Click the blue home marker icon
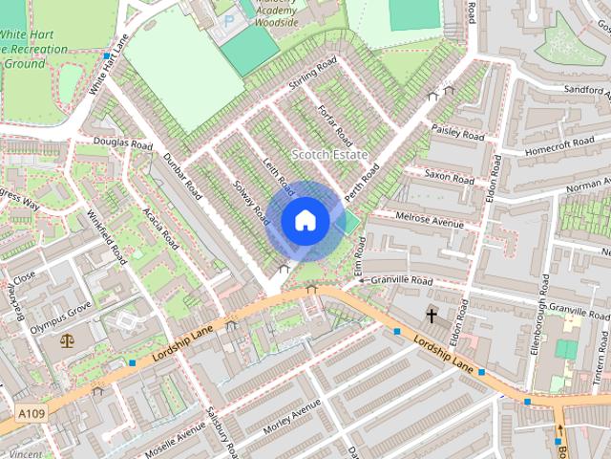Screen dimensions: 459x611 click(x=305, y=221)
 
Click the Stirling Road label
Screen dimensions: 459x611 click(x=313, y=76)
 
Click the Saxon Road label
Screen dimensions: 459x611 click(x=449, y=176)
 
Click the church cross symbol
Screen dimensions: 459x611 click(x=432, y=314)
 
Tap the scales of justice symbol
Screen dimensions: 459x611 click(x=66, y=339)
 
